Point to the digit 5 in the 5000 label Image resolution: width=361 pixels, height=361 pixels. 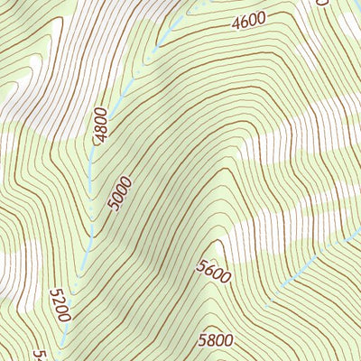(115, 207)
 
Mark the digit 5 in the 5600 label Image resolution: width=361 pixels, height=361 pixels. (200, 262)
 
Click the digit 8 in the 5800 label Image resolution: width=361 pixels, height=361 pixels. (211, 340)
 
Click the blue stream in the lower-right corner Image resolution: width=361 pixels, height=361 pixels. (307, 264)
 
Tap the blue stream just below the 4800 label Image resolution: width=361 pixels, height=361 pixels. (92, 167)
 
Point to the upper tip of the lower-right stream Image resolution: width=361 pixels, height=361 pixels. (354, 236)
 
